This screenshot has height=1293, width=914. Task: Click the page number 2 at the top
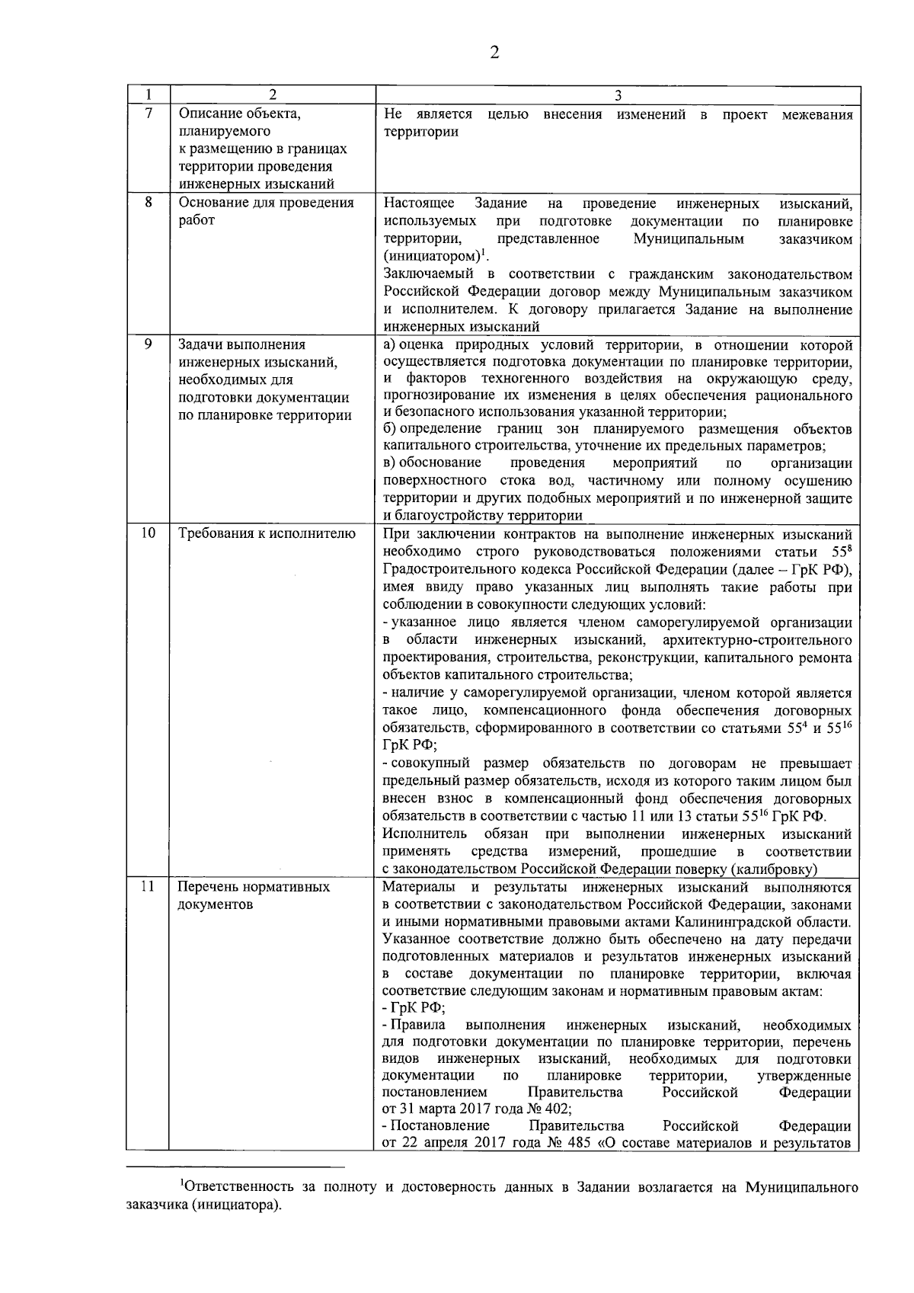tap(494, 53)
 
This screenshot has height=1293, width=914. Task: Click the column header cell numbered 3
tap(617, 96)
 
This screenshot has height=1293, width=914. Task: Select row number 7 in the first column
tap(148, 114)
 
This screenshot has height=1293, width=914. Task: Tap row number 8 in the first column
tap(148, 203)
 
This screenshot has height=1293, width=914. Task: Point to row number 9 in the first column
tap(148, 344)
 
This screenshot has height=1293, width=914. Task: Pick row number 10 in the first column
tap(148, 533)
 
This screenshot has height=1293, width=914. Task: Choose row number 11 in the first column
tap(148, 887)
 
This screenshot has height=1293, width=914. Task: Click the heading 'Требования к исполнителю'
tap(267, 533)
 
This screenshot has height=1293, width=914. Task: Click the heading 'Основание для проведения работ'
tap(266, 212)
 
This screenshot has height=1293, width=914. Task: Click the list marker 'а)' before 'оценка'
tap(390, 344)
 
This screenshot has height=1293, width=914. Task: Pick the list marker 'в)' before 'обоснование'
tap(390, 463)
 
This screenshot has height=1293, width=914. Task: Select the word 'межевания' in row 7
tap(817, 115)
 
